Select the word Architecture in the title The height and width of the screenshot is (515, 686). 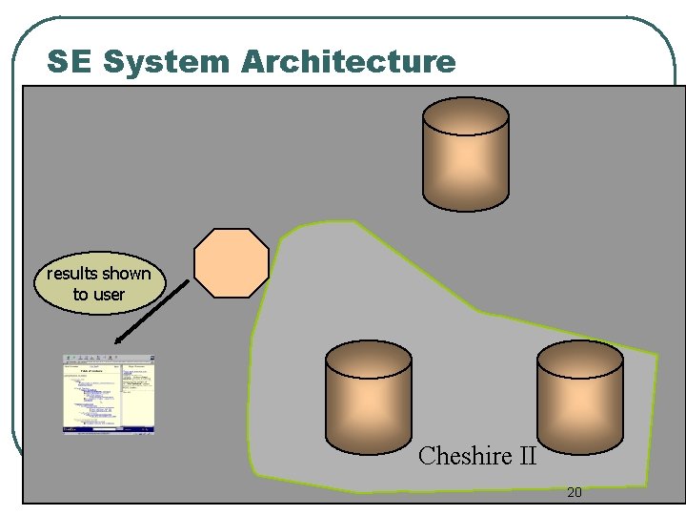pos(348,62)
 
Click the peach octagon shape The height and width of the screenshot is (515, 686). pos(232,262)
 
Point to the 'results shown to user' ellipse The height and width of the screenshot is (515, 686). pos(99,283)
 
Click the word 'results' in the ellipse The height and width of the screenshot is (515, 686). pos(71,274)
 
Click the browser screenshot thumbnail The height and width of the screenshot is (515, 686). pos(109,394)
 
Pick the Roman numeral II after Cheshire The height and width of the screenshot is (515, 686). pos(527,456)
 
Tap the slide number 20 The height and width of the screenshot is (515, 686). pos(574,492)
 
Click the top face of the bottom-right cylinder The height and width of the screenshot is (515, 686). pos(580,358)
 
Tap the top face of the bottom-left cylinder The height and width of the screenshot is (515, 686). pos(369,358)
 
